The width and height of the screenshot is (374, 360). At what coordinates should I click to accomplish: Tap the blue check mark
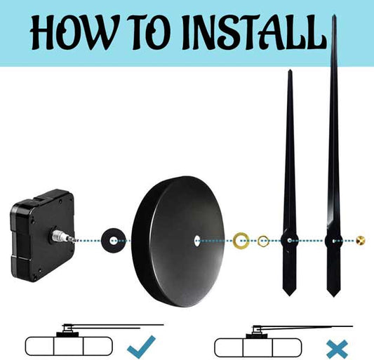(x=142, y=346)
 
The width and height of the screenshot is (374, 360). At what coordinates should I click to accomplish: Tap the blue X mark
(x=338, y=349)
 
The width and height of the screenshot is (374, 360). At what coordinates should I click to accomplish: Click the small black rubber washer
(x=113, y=241)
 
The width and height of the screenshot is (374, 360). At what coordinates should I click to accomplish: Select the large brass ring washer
(x=241, y=241)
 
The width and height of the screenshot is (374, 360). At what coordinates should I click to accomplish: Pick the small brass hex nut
(x=263, y=241)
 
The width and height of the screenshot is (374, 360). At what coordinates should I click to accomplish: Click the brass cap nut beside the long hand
(x=361, y=241)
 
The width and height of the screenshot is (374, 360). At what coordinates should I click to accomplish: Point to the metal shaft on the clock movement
(x=62, y=236)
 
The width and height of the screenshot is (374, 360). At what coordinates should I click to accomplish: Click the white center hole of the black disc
(x=197, y=240)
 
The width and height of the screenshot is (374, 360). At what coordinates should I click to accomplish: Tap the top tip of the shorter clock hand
(x=290, y=69)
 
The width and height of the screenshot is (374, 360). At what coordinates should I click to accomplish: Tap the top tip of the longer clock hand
(x=335, y=15)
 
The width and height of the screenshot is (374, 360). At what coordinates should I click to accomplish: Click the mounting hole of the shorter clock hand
(x=290, y=241)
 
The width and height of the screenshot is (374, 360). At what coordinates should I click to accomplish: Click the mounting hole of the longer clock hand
(x=333, y=241)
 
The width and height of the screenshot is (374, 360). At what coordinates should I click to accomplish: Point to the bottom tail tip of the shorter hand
(x=289, y=296)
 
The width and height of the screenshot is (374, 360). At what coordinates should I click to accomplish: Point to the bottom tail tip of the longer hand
(x=333, y=297)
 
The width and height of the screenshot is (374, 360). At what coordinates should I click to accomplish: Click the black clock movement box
(x=43, y=235)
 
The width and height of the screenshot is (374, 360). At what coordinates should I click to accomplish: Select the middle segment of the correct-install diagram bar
(x=69, y=346)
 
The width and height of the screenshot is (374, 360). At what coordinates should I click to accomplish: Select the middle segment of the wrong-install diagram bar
(x=258, y=347)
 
